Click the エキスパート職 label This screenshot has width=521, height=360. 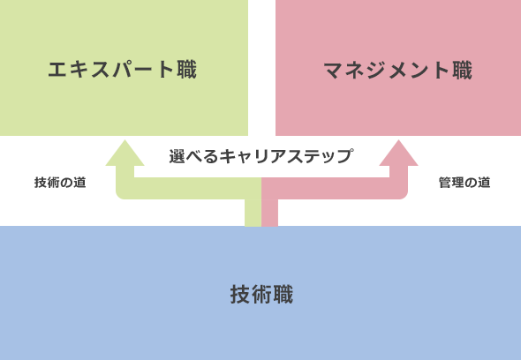click(x=122, y=70)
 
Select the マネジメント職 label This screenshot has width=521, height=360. click(x=397, y=70)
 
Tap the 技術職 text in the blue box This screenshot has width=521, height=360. click(x=261, y=294)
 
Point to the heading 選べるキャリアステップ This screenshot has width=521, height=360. click(x=260, y=156)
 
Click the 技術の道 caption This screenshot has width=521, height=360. click(x=60, y=183)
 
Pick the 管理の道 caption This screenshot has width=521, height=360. click(x=464, y=183)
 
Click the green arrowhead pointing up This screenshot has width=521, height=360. click(x=125, y=154)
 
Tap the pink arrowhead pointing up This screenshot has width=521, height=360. click(x=399, y=154)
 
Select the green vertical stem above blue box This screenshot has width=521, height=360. click(x=253, y=213)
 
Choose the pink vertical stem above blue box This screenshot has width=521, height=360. click(x=270, y=213)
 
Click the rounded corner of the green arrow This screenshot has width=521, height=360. click(x=120, y=195)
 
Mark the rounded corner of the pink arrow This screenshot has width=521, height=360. click(x=404, y=195)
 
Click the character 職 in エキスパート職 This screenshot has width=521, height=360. click(x=186, y=70)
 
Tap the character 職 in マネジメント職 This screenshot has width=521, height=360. click(x=462, y=70)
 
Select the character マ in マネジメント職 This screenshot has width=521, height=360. click(x=334, y=71)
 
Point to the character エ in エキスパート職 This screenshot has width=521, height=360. click(x=57, y=70)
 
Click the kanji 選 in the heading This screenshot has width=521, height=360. click(x=177, y=156)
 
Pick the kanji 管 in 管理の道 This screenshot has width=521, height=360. click(x=445, y=183)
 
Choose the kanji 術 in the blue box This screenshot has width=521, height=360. click(x=261, y=294)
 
